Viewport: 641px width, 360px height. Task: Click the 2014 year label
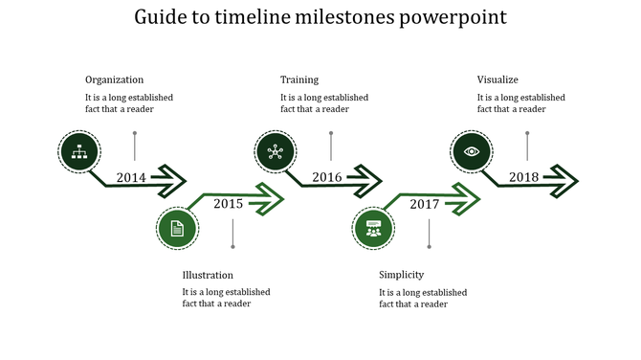131,177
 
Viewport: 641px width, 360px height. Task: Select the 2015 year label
228,203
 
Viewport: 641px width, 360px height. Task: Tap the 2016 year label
327,177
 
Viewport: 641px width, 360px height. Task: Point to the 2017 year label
424,204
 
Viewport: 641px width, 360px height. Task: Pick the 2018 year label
523,177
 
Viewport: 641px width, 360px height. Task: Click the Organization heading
114,79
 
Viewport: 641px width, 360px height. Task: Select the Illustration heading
208,275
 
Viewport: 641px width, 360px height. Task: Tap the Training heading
299,79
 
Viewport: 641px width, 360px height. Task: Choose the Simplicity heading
401,275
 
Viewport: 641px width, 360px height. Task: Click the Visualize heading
497,79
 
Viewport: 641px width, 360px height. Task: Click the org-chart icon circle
78,150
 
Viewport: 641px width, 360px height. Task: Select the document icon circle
176,228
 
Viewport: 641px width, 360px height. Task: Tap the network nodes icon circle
276,150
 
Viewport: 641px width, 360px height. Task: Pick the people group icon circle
373,228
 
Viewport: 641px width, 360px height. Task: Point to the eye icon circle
472,150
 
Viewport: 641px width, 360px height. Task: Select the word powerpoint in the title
454,17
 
